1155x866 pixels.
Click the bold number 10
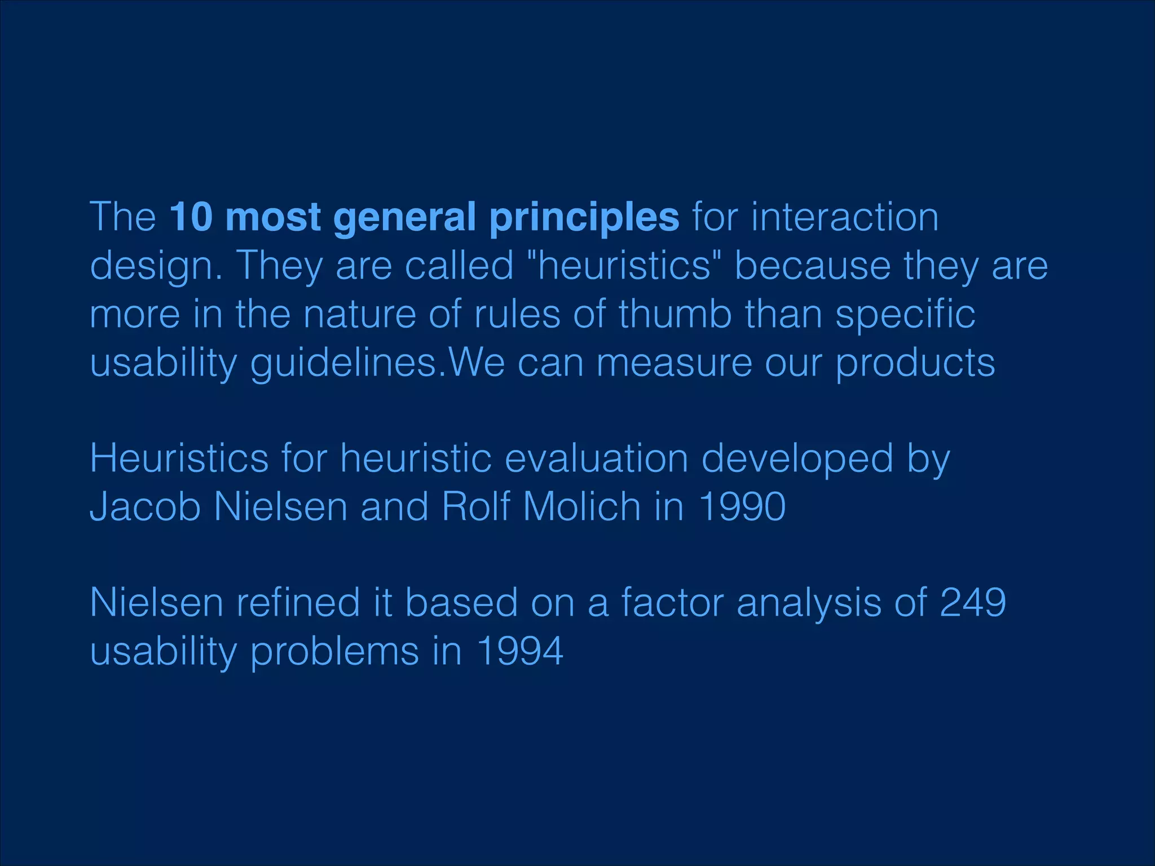[191, 217]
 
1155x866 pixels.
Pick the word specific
[905, 315]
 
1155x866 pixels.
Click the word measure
[674, 363]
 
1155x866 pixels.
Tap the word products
[915, 363]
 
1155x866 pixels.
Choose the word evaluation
[596, 458]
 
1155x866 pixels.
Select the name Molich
[582, 506]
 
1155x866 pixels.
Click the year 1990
[742, 506]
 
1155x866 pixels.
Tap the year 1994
[520, 651]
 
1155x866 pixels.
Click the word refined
[298, 603]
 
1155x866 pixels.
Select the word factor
[673, 603]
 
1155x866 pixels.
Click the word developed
[797, 459]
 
